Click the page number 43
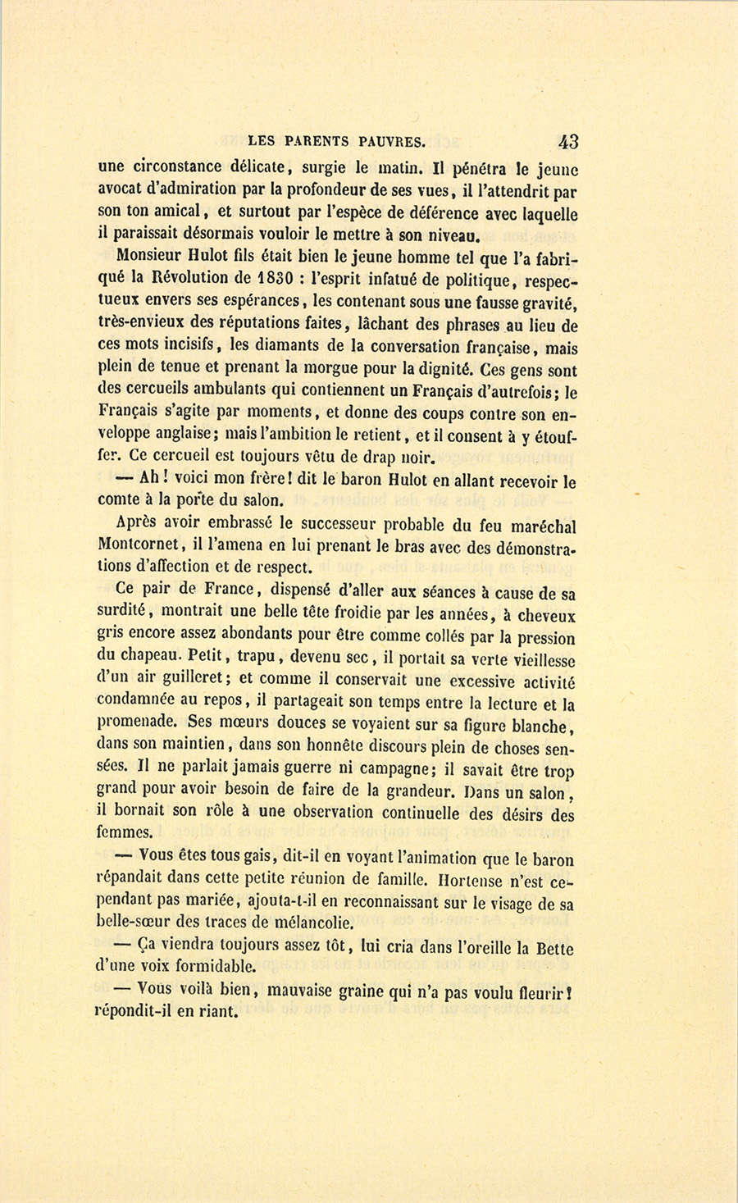(567, 141)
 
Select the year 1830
(269, 280)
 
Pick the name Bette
(554, 948)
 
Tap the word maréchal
(538, 526)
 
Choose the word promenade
(137, 722)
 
